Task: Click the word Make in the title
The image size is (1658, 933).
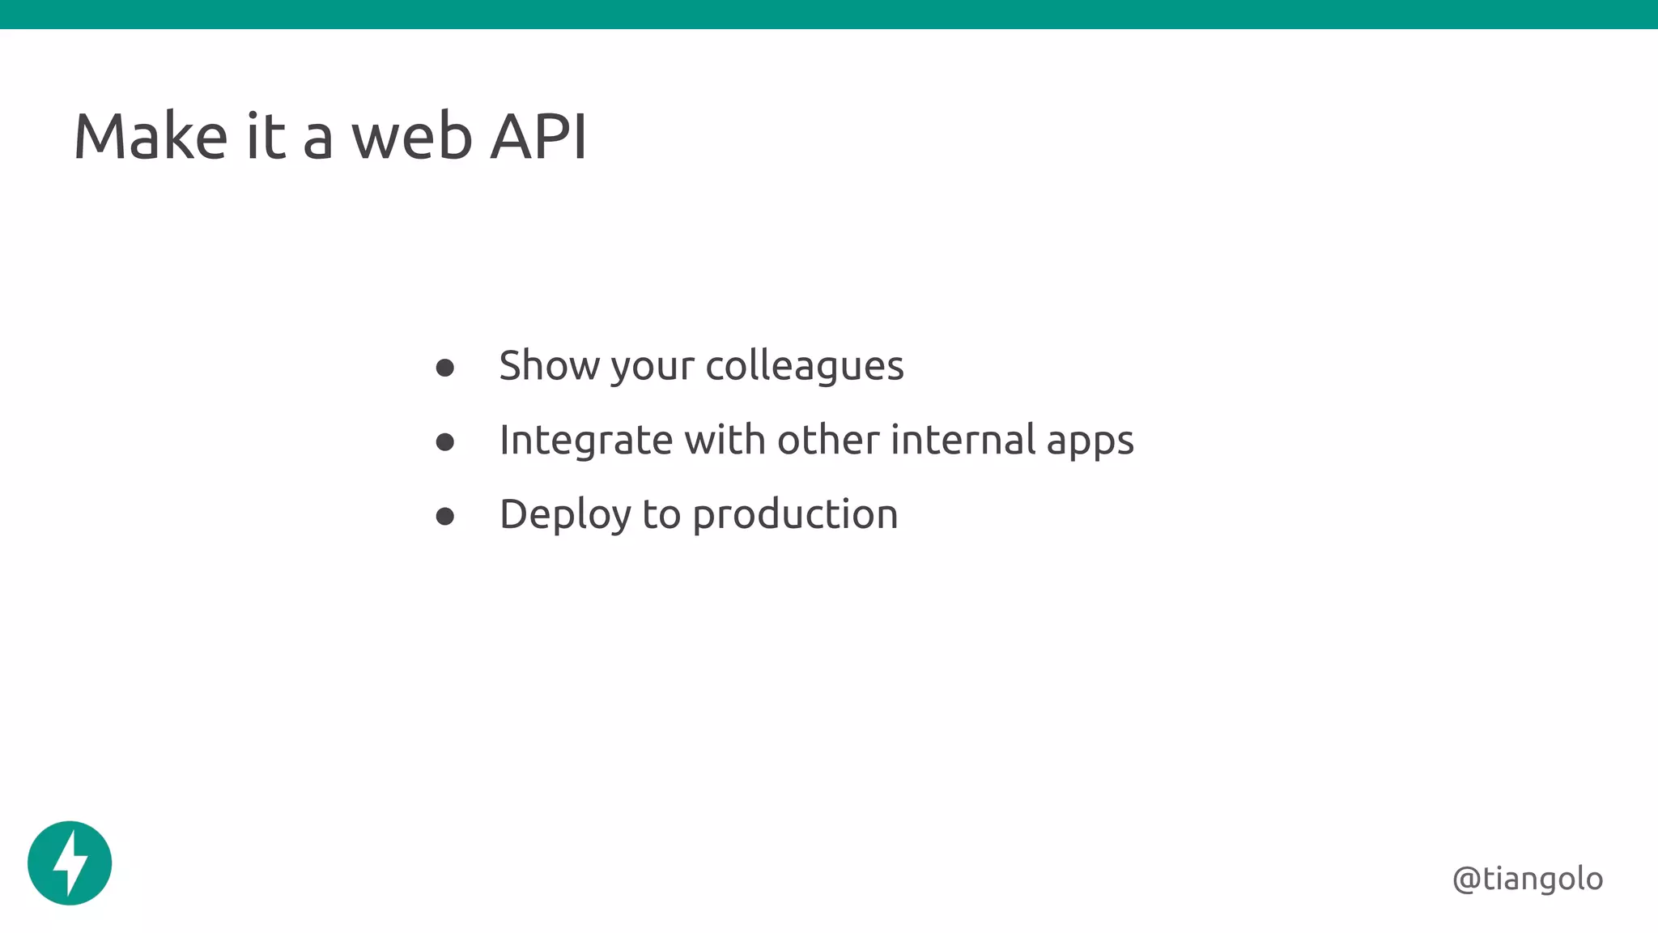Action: pyautogui.click(x=151, y=137)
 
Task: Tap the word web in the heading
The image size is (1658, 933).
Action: pyautogui.click(x=411, y=137)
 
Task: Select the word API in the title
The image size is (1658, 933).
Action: pyautogui.click(x=538, y=137)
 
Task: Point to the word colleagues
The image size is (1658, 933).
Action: pyautogui.click(x=805, y=366)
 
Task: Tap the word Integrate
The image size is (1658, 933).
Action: pyautogui.click(x=585, y=441)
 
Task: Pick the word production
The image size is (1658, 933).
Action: pyautogui.click(x=795, y=515)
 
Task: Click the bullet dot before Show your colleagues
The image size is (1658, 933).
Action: pyautogui.click(x=444, y=369)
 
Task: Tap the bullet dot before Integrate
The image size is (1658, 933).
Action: pyautogui.click(x=444, y=442)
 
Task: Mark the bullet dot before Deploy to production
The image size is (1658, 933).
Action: pyautogui.click(x=444, y=517)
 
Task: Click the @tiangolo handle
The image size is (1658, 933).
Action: pyautogui.click(x=1528, y=879)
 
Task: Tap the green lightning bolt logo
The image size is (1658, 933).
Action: pyautogui.click(x=70, y=863)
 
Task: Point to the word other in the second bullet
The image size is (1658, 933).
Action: pyautogui.click(x=828, y=440)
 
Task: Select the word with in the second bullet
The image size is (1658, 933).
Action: pyautogui.click(x=725, y=440)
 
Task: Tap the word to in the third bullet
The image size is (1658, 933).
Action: pyautogui.click(x=661, y=515)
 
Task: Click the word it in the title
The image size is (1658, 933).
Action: pyautogui.click(x=266, y=137)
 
